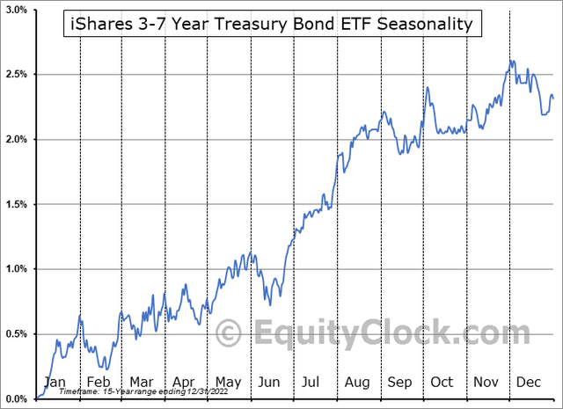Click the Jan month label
pos(55,383)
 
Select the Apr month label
pos(184,383)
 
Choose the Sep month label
pos(399,383)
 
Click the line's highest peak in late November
pos(511,61)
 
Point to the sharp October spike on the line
pos(427,87)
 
